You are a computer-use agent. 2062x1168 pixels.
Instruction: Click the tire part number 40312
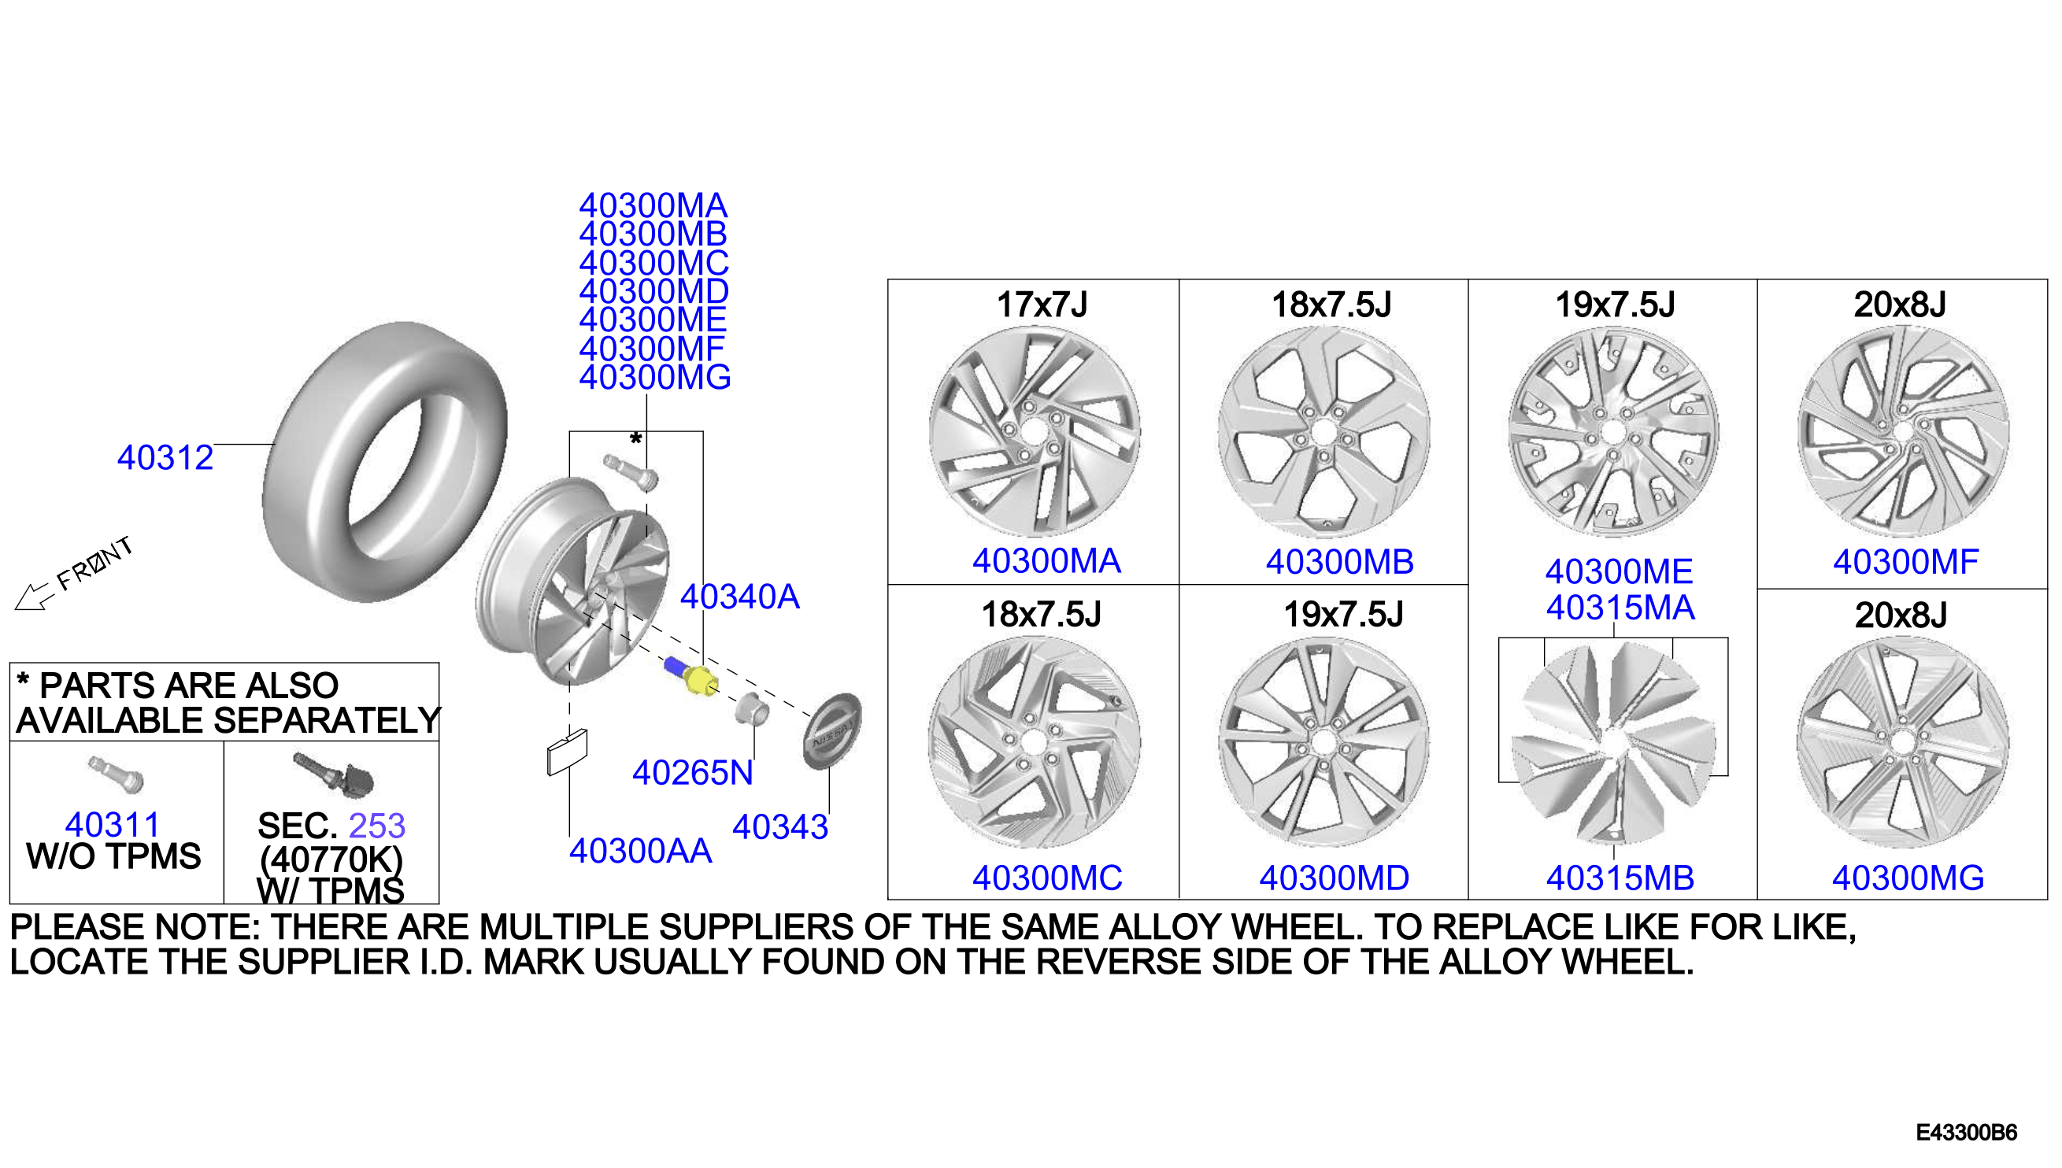pos(165,458)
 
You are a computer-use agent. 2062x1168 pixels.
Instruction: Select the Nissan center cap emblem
pos(832,730)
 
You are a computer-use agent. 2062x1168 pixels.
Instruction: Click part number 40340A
pos(740,597)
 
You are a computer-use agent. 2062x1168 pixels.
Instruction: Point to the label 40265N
pos(693,774)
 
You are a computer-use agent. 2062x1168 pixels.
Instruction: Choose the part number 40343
pos(780,827)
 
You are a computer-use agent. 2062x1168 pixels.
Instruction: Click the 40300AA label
pos(640,851)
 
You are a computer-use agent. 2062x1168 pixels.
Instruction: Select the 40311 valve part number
pos(113,825)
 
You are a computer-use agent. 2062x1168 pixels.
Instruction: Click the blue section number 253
pos(377,826)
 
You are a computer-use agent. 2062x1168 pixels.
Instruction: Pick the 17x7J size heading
pos(1042,305)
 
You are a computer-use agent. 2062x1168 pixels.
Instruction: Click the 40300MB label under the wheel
pos(1340,562)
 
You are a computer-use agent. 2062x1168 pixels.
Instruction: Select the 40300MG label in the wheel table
pos(1908,878)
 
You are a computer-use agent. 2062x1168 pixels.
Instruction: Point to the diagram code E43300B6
pos(1967,1133)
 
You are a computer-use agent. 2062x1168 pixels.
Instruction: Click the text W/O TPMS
pos(114,856)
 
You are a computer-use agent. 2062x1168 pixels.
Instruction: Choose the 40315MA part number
pos(1621,608)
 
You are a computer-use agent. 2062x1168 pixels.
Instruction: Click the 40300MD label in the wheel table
pos(1335,878)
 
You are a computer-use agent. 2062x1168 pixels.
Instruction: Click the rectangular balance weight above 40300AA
pos(567,752)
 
